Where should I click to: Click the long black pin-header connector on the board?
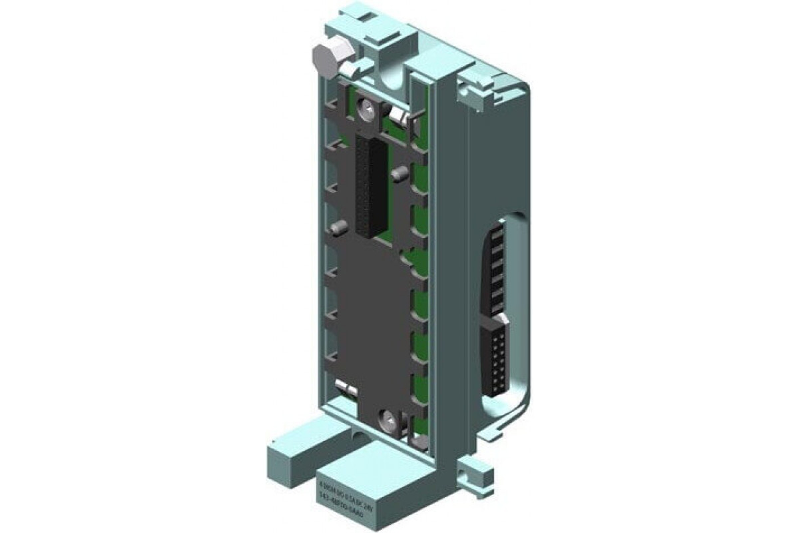[371, 186]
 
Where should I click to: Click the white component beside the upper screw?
[397, 117]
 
